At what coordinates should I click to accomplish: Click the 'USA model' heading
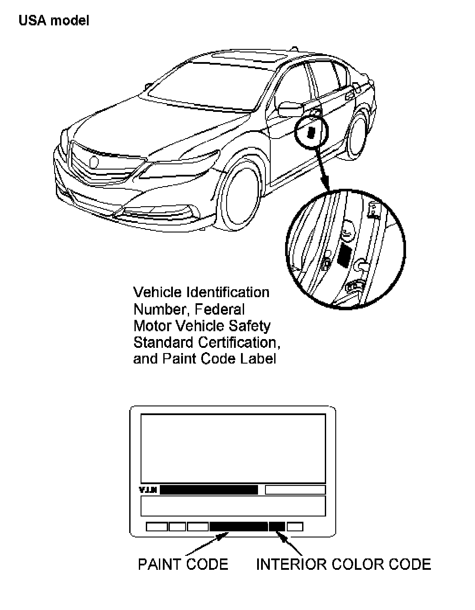pyautogui.click(x=54, y=21)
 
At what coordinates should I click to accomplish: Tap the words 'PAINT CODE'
pyautogui.click(x=183, y=564)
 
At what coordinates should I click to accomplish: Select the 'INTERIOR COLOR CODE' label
pyautogui.click(x=343, y=564)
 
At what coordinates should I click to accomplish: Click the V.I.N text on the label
pyautogui.click(x=148, y=490)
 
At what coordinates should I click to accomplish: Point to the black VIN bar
pyautogui.click(x=209, y=490)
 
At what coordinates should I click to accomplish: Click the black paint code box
pyautogui.click(x=238, y=527)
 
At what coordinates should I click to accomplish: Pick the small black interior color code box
pyautogui.click(x=277, y=527)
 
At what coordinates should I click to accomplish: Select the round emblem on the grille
pyautogui.click(x=94, y=162)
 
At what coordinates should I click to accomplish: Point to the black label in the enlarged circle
pyautogui.click(x=344, y=255)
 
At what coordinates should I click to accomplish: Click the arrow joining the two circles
pyautogui.click(x=324, y=170)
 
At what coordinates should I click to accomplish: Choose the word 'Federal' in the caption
pyautogui.click(x=220, y=309)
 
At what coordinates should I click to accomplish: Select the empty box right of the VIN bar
pyautogui.click(x=295, y=490)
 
